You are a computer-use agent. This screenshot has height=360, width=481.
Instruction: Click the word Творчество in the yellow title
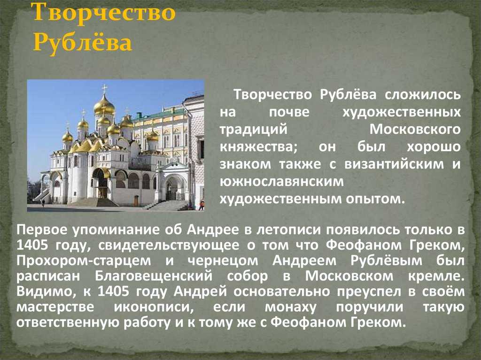(103, 12)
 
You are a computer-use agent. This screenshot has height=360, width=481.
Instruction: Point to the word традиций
(253, 130)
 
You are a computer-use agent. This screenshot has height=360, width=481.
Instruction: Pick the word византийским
(394, 164)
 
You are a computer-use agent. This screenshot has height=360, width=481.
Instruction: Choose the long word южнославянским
(282, 182)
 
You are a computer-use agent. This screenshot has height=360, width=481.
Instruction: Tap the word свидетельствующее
(169, 245)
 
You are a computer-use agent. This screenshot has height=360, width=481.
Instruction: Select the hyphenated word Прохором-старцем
(84, 260)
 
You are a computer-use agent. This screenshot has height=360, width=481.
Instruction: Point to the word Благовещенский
(154, 276)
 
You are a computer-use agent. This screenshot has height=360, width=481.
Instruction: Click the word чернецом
(223, 260)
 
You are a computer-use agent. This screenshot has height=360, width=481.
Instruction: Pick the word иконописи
(154, 307)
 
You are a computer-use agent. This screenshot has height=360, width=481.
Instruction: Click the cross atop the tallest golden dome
(104, 89)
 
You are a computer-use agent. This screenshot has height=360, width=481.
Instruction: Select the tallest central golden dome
(104, 106)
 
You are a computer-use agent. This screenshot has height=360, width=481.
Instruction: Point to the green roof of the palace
(160, 113)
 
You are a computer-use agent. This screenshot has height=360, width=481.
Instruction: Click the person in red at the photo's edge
(202, 205)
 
